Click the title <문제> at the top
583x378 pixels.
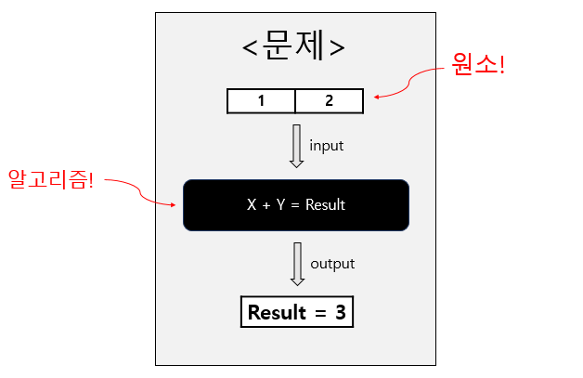coord(294,46)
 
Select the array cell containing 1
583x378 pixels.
coord(262,100)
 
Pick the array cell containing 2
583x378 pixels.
coord(329,100)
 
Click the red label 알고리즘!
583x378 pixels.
coord(51,177)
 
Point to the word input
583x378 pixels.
coord(327,146)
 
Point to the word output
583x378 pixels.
coord(332,264)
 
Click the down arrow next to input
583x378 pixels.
coord(297,146)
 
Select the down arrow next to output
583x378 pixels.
coord(297,264)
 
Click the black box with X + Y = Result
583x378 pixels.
coord(296,205)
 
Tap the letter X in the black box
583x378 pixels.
coord(252,205)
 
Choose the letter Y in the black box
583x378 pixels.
coord(280,205)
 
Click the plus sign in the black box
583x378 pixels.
coord(266,205)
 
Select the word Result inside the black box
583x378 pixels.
coord(325,205)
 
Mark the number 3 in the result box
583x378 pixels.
coord(340,313)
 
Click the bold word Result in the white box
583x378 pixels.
coord(277,313)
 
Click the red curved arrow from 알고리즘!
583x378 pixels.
coord(144,193)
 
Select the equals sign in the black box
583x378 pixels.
coord(295,205)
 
